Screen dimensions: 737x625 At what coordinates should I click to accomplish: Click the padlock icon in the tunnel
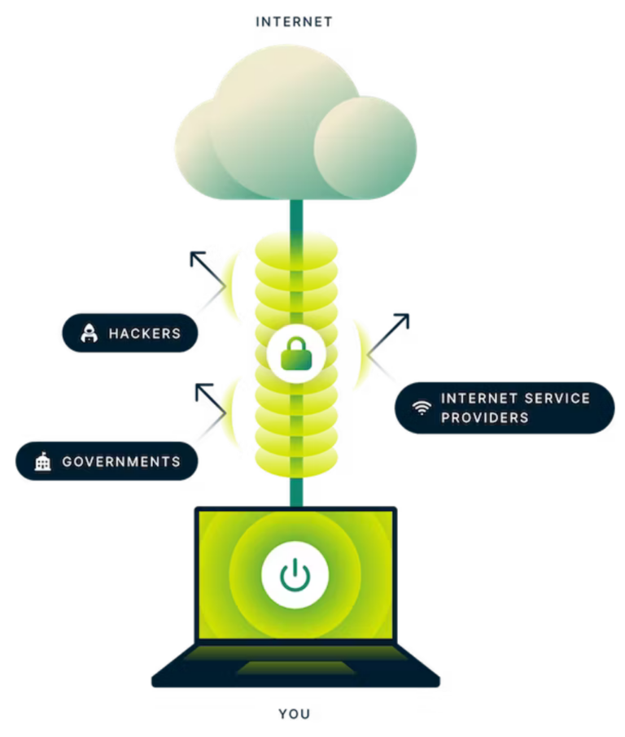tap(296, 355)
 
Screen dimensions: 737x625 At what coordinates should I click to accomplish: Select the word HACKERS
tap(144, 334)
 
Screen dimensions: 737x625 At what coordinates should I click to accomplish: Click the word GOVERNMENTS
tap(121, 462)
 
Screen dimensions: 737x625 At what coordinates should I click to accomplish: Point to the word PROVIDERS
tap(484, 417)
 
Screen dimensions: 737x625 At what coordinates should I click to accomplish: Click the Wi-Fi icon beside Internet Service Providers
tap(422, 408)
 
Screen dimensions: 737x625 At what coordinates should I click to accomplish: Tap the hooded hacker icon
tap(89, 333)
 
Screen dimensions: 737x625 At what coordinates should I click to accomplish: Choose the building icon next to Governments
tap(42, 462)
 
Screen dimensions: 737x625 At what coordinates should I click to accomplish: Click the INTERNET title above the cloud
tap(293, 23)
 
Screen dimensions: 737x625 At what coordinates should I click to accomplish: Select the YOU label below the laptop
tap(295, 714)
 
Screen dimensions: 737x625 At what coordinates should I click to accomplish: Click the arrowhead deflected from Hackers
tap(196, 259)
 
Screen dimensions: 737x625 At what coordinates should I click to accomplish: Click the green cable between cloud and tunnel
tap(295, 216)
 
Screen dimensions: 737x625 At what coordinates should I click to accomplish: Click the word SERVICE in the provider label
tap(553, 399)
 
